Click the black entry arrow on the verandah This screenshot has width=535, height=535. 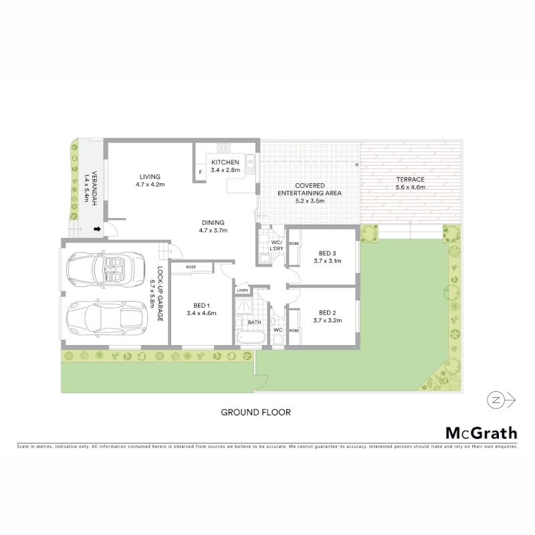[97, 229]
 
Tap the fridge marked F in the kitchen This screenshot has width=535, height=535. [200, 173]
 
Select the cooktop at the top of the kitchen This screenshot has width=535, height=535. [224, 148]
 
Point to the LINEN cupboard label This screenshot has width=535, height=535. [242, 290]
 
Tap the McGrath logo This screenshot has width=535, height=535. [481, 433]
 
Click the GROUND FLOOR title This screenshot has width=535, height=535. [256, 413]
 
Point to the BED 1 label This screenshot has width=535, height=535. [202, 306]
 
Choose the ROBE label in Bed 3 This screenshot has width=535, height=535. [294, 243]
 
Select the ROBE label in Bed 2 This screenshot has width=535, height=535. [294, 330]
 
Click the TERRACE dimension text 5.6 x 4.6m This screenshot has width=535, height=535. [411, 187]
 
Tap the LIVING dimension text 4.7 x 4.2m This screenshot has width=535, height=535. [150, 185]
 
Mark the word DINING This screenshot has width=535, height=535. [213, 223]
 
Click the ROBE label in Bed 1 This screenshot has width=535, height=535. [191, 267]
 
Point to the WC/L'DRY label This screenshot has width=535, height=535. [277, 245]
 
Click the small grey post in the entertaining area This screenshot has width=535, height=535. [357, 165]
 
